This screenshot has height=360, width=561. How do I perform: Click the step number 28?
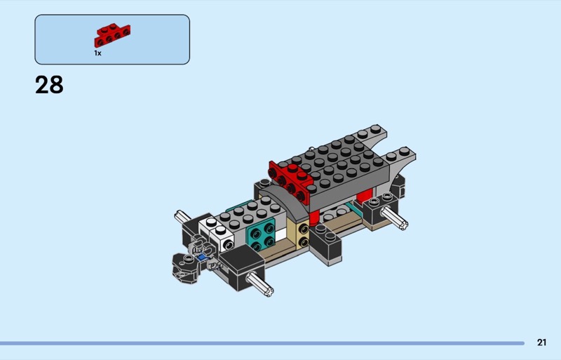click(49, 85)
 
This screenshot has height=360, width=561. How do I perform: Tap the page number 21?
click(541, 342)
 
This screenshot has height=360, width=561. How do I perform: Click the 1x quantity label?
click(97, 53)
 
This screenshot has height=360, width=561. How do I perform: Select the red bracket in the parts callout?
click(112, 35)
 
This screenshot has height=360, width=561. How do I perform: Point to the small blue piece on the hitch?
click(202, 257)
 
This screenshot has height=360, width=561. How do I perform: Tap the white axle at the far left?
click(182, 216)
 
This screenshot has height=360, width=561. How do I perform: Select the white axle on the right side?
click(394, 218)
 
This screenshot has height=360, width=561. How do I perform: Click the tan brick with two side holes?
click(299, 234)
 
